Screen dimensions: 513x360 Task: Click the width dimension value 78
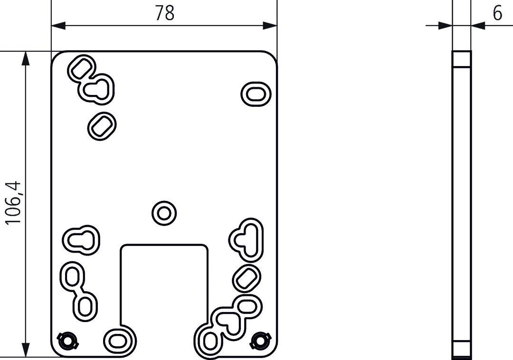point(164,13)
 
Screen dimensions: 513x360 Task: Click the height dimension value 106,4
point(14,203)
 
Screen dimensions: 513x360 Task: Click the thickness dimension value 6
point(497,13)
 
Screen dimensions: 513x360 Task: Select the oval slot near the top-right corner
point(256,94)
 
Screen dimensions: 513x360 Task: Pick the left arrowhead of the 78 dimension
point(58,26)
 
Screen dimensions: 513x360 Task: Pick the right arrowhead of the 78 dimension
point(270,26)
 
